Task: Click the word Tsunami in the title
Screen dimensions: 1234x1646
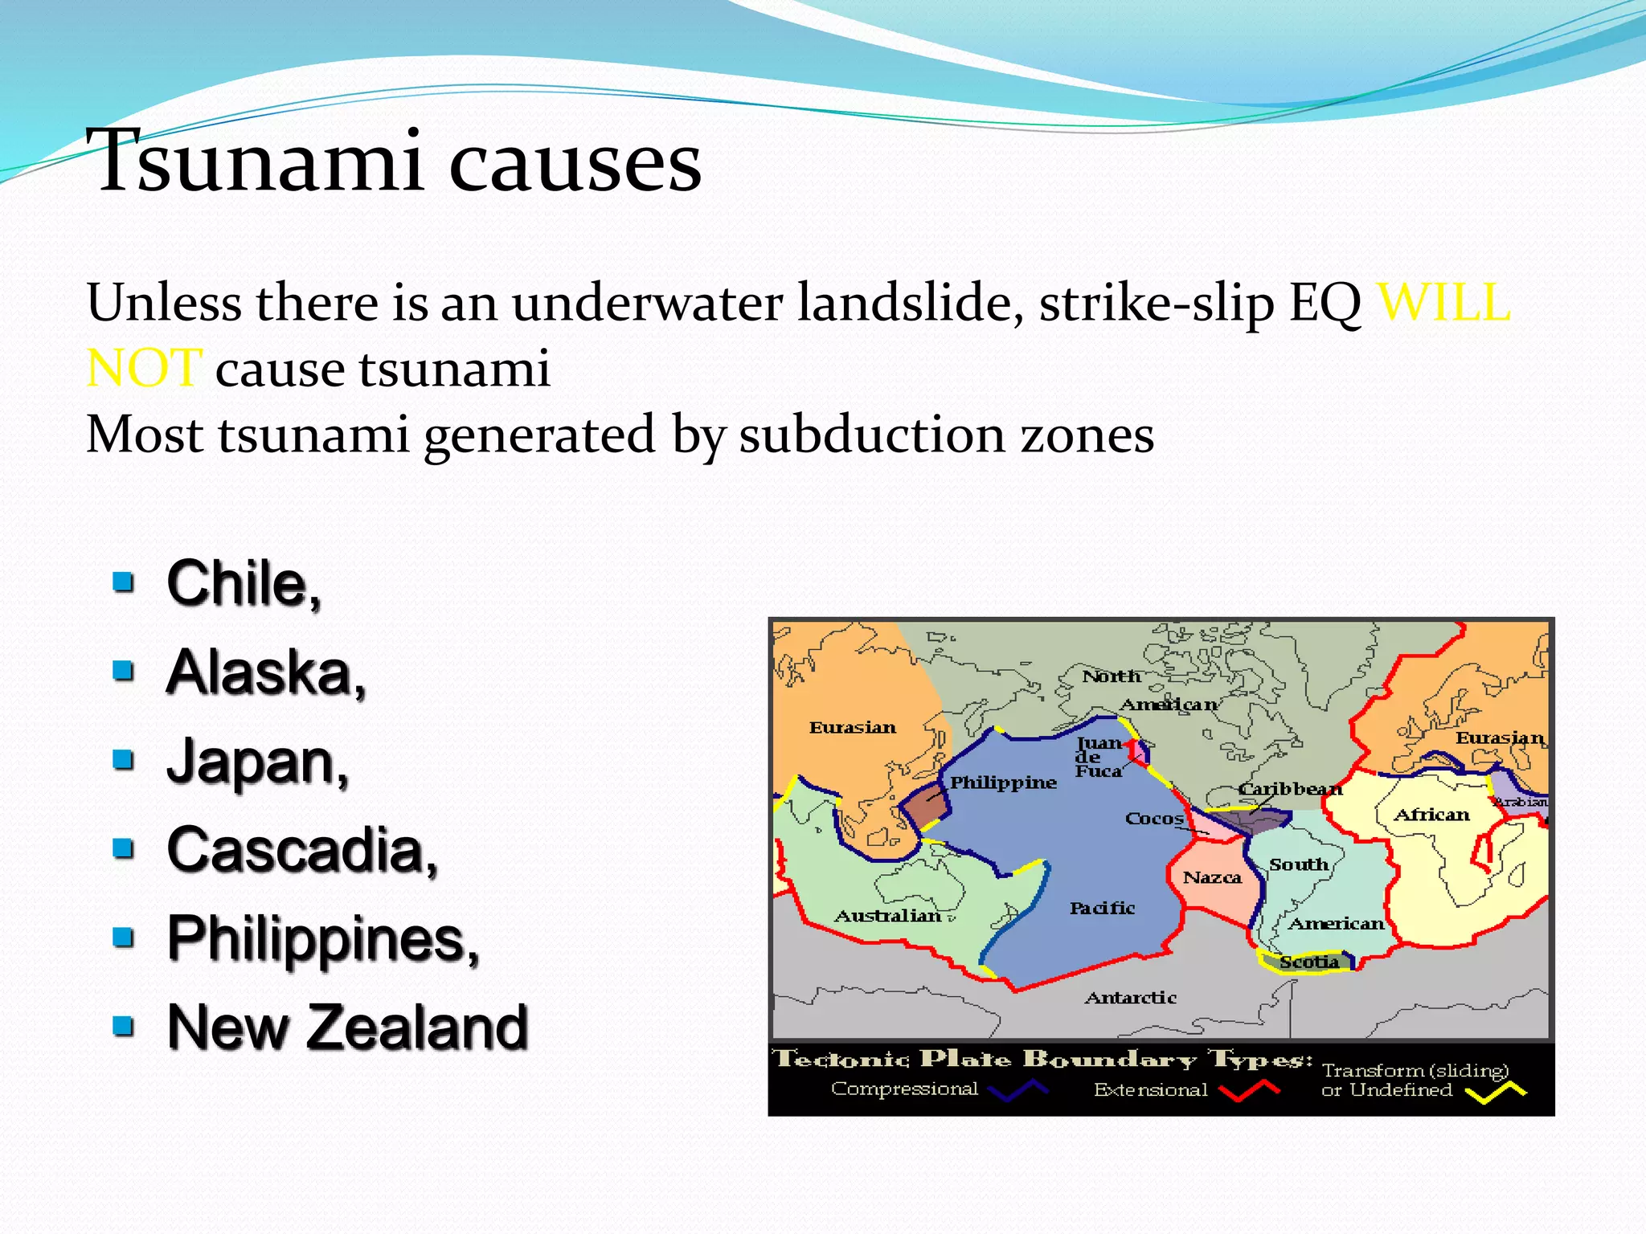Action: point(253,162)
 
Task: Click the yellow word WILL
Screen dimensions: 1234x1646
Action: point(1443,304)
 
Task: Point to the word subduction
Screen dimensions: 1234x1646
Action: point(872,435)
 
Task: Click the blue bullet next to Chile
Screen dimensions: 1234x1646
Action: point(123,582)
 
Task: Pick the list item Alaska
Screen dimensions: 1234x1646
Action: point(265,672)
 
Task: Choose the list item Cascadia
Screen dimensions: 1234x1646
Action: point(301,850)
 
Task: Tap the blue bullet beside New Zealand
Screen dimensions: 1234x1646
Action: point(123,1026)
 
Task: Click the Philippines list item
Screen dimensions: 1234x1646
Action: point(322,938)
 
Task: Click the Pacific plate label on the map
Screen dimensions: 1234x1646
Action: point(1101,908)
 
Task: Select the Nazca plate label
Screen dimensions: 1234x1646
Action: point(1211,877)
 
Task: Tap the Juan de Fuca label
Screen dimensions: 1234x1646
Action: point(1098,757)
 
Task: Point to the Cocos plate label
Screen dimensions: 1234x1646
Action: point(1153,819)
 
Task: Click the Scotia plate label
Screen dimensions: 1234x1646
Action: point(1308,962)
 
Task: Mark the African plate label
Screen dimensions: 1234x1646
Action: point(1431,815)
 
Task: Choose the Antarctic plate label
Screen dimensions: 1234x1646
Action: point(1130,998)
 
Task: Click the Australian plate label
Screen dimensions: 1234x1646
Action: point(886,916)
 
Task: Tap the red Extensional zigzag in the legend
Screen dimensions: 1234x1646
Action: point(1248,1090)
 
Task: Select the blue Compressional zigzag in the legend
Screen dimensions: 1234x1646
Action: point(1017,1090)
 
